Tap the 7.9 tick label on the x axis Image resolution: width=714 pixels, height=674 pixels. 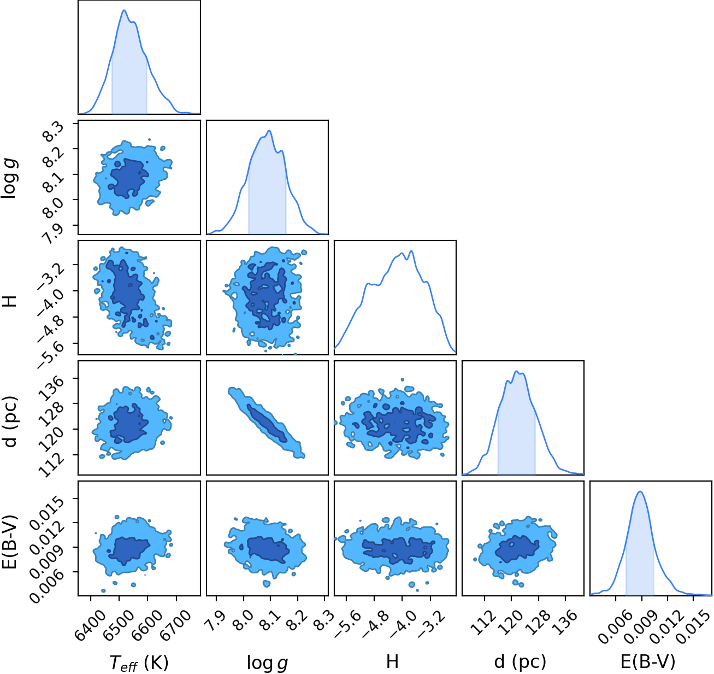tap(215, 617)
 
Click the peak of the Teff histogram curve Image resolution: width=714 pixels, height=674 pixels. tap(124, 10)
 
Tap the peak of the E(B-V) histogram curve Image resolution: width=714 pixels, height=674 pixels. tap(640, 491)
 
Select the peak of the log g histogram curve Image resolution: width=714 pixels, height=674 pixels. tap(269, 131)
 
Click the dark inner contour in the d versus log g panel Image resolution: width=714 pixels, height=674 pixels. tap(267, 423)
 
